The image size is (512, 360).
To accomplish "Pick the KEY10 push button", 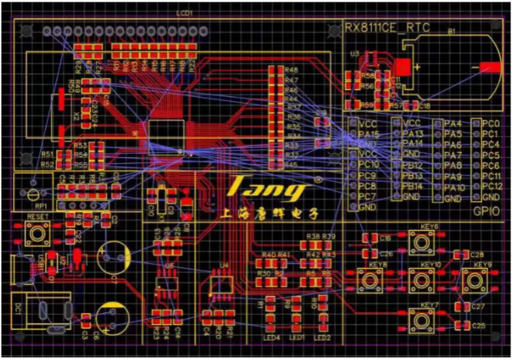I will pos(422,280).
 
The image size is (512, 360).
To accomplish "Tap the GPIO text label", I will pos(488,209).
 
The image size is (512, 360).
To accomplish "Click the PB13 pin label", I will pos(413,176).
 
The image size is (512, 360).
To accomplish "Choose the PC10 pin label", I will pos(369,165).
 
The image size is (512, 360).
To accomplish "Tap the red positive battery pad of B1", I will pos(403,66).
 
